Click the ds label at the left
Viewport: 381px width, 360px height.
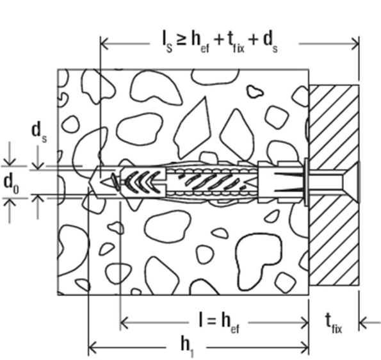point(39,133)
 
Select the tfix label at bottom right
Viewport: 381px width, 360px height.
point(334,323)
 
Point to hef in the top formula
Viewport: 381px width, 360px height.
point(200,42)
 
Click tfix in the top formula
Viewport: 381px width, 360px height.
point(236,42)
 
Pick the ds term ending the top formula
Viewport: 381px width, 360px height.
point(270,42)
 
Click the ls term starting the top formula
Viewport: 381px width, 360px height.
point(167,42)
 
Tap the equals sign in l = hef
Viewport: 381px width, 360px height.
point(212,322)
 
